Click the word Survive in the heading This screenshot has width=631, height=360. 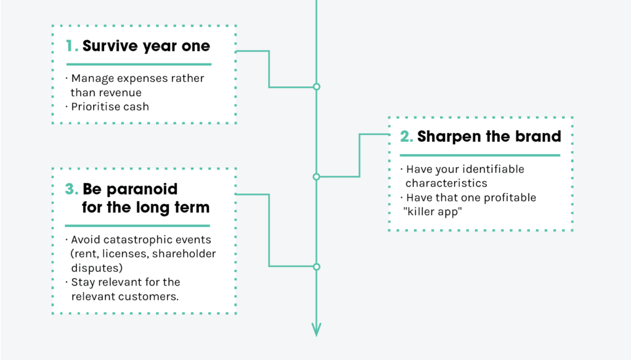click(x=110, y=46)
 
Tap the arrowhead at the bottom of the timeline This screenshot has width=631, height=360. click(x=316, y=329)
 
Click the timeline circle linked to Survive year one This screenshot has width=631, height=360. click(x=317, y=86)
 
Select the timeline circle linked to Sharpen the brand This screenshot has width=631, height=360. click(x=317, y=176)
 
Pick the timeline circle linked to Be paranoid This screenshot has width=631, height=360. click(x=317, y=266)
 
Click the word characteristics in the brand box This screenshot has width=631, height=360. click(x=446, y=183)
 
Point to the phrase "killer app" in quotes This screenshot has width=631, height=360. click(x=433, y=212)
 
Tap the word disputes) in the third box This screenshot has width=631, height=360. click(x=97, y=268)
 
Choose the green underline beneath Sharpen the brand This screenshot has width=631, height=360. click(x=480, y=155)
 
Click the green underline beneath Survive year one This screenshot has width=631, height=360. click(x=139, y=64)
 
